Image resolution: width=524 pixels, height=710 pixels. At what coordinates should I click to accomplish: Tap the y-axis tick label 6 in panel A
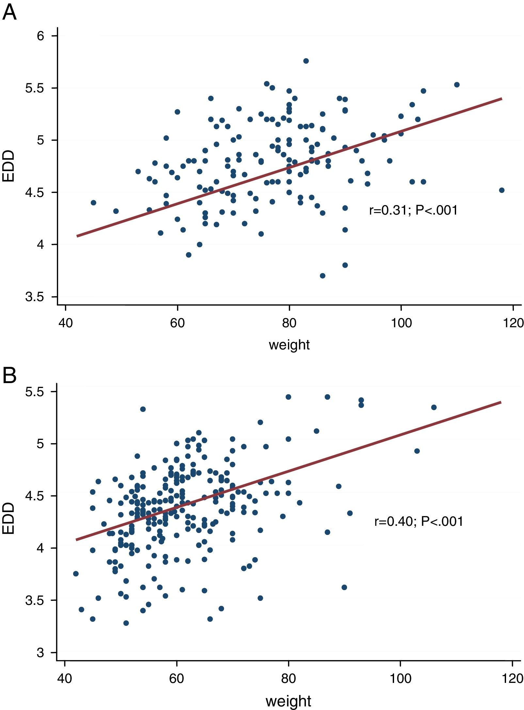[x=40, y=36]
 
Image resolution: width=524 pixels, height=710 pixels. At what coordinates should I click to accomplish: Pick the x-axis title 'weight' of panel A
[x=289, y=345]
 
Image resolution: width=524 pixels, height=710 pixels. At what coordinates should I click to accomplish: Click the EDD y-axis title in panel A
[x=9, y=166]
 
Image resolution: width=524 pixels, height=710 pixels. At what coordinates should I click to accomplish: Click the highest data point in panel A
[x=306, y=61]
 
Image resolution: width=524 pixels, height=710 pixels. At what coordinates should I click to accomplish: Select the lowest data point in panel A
[x=323, y=276]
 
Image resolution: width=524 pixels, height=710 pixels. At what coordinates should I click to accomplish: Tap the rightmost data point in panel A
[x=502, y=190]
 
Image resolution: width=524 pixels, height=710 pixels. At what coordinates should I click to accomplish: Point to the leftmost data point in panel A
[x=93, y=202]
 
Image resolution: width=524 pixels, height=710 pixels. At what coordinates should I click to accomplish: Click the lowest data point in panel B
[x=126, y=623]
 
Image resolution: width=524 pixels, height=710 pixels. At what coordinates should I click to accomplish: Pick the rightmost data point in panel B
[x=434, y=407]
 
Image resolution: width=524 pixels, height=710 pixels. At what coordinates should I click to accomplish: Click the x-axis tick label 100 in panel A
[x=401, y=323]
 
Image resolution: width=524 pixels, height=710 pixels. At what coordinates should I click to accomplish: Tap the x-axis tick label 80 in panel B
[x=289, y=679]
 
